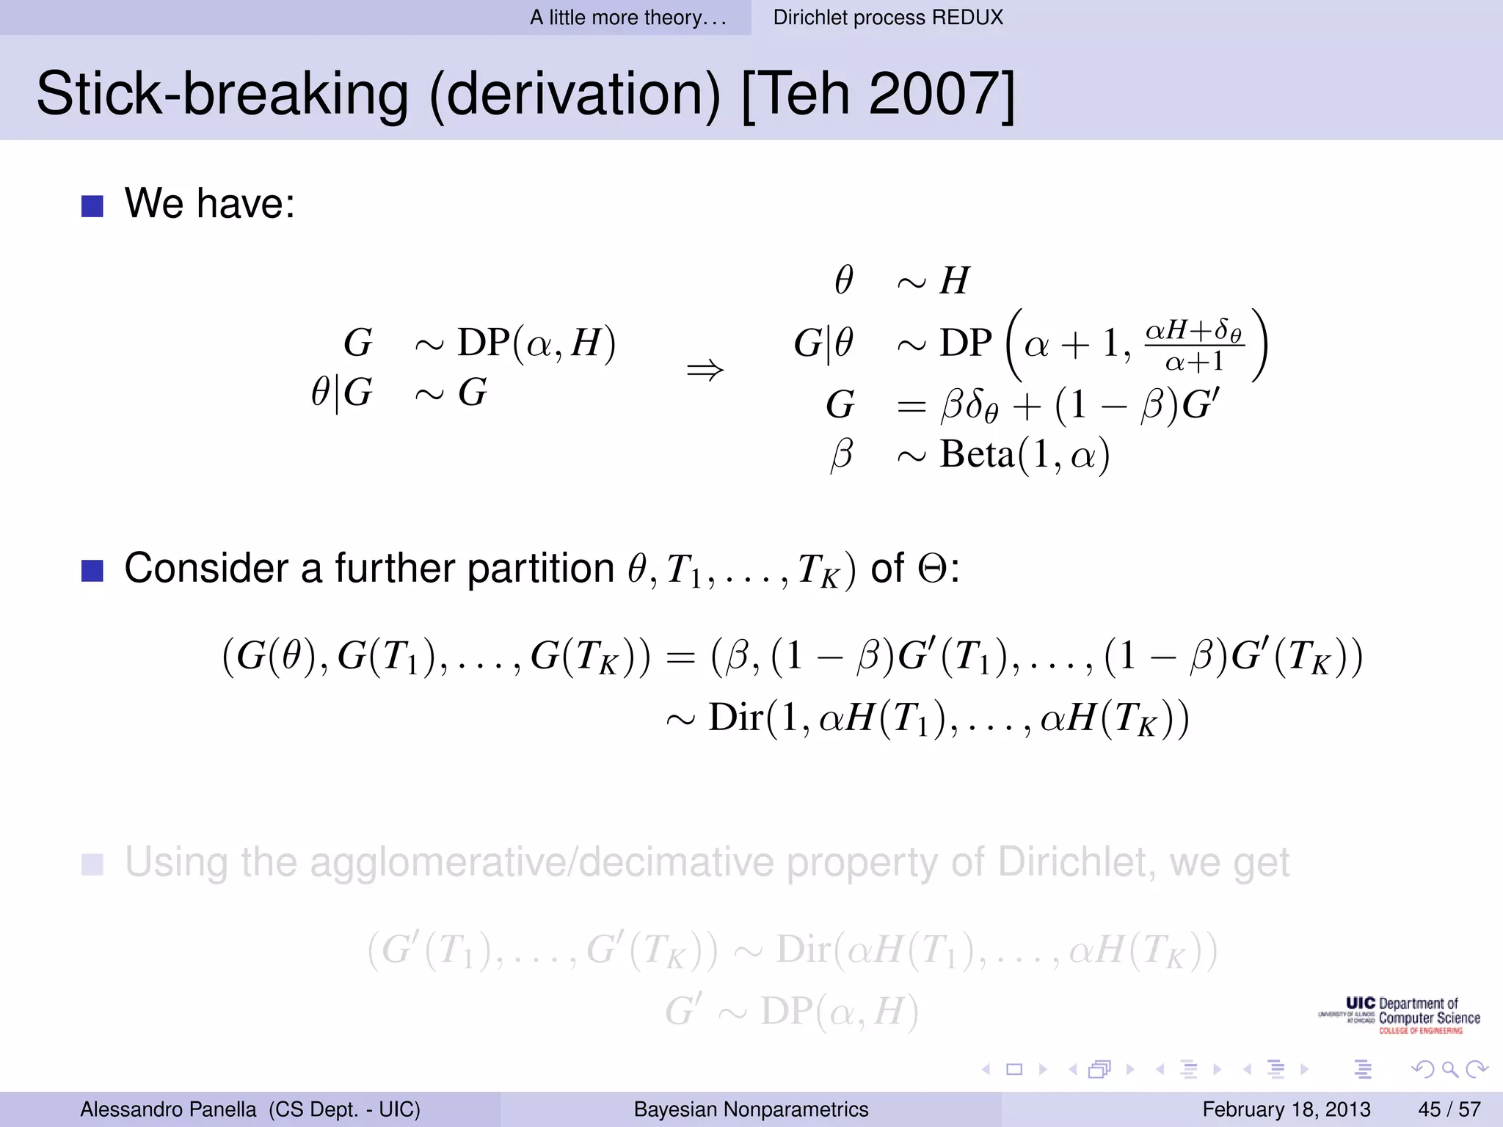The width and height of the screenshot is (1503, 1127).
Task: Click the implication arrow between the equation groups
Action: coord(705,370)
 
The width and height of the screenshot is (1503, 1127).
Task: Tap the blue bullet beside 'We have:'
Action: coord(92,205)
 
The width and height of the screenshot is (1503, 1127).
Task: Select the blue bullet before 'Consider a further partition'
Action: coord(92,570)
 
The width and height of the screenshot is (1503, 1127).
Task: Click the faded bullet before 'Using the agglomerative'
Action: coord(92,864)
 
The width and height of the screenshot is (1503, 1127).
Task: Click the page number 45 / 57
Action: coord(1449,1109)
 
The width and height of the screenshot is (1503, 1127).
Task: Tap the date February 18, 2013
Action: coord(1286,1109)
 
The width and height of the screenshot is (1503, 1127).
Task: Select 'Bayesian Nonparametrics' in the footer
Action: coord(751,1109)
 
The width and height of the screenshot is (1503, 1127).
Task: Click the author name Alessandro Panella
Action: coord(168,1109)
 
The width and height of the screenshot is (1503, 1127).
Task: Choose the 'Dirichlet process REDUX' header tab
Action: coord(887,17)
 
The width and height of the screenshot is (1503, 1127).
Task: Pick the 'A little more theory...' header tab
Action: coord(628,17)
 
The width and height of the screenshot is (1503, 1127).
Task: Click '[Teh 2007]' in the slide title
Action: coord(878,94)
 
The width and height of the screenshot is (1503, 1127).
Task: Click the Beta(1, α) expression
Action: coord(1025,455)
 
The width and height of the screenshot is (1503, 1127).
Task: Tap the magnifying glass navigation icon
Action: coord(1449,1069)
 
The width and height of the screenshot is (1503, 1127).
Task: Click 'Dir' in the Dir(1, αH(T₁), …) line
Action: coord(735,718)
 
